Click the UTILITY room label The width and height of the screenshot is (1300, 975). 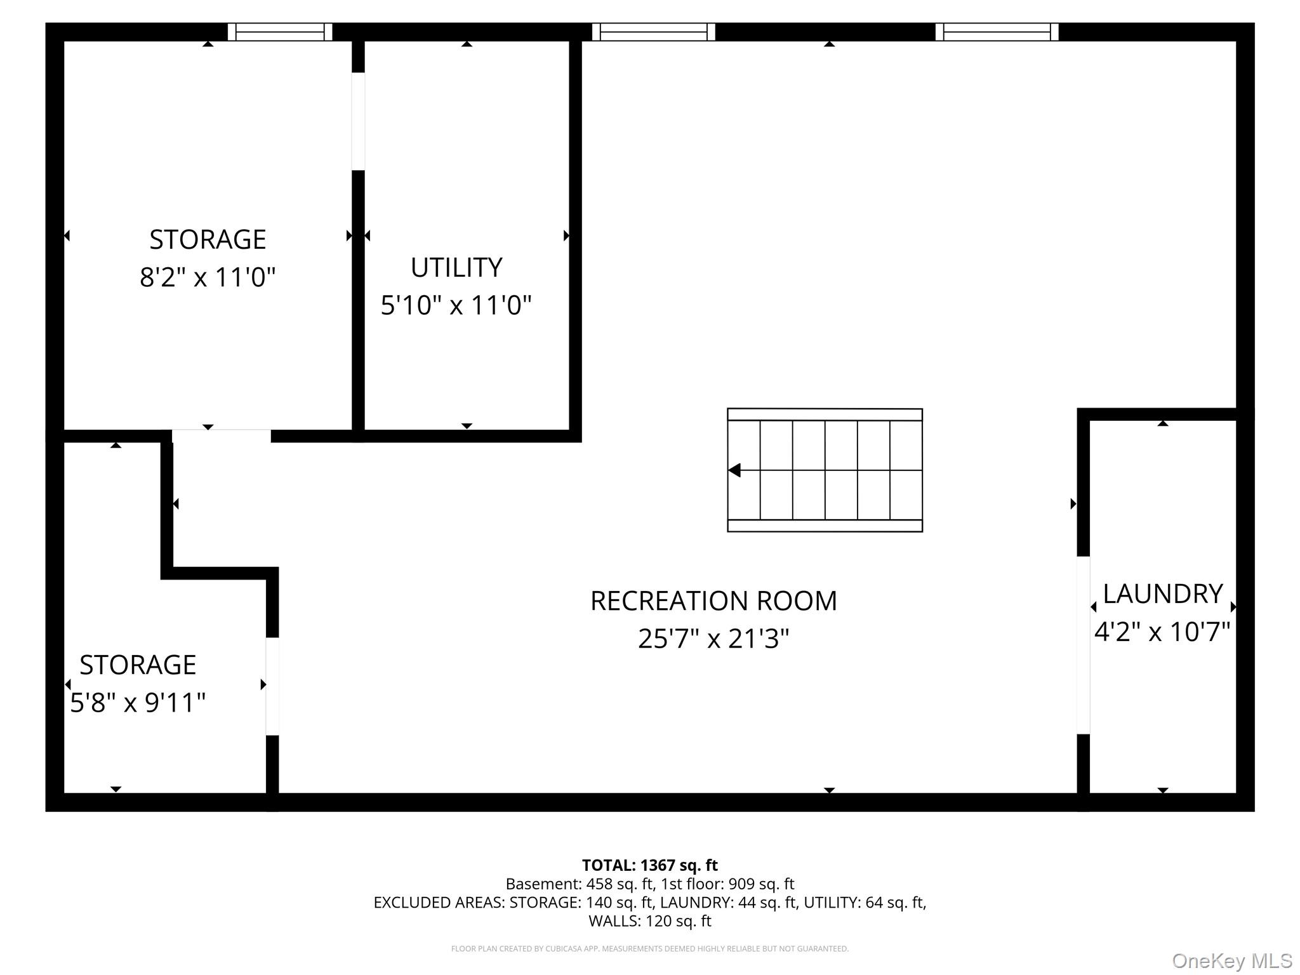[456, 267]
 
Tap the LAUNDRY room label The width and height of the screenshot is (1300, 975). [1163, 594]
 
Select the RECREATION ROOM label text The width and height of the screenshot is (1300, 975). [713, 600]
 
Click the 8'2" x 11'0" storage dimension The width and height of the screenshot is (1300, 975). [208, 277]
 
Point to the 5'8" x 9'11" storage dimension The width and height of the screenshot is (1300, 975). [138, 703]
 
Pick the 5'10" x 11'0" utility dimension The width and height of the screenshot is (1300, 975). [456, 305]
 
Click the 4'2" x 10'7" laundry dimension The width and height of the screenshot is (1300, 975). [1162, 632]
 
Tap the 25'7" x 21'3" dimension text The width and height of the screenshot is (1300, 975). [713, 639]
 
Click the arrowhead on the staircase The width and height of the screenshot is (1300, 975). [734, 470]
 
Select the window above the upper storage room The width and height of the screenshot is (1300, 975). [280, 32]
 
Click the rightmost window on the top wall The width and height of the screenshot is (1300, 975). [997, 32]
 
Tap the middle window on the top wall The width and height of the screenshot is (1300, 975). [654, 32]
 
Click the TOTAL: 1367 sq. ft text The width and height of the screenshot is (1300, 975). [650, 865]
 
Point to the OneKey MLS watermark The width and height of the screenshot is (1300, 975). [1232, 961]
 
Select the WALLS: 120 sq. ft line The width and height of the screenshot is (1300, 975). [650, 921]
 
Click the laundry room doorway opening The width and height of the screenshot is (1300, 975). [1084, 645]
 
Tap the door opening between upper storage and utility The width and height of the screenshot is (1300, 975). [359, 121]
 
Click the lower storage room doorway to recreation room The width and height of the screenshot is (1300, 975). [272, 686]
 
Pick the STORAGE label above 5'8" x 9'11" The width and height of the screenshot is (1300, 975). [138, 665]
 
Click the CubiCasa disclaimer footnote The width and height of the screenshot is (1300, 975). [650, 949]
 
